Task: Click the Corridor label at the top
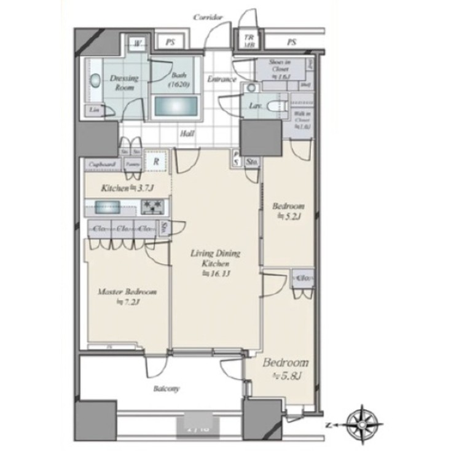point(208,18)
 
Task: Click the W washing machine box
point(138,44)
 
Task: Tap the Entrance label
point(221,79)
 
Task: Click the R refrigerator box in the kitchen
point(156,162)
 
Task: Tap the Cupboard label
point(102,164)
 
